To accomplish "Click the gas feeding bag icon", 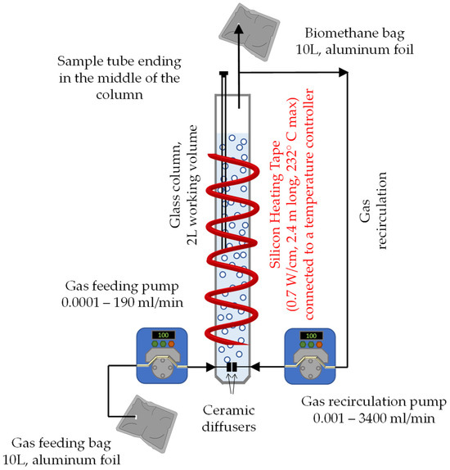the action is point(146,424).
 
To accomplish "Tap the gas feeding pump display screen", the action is point(164,335).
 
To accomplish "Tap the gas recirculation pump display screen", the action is point(311,336).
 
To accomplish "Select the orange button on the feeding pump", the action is point(171,344).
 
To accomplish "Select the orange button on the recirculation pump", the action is point(319,345).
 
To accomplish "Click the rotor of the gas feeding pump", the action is point(162,368).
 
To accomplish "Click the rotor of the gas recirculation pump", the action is point(310,369).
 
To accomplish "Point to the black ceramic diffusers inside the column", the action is point(232,367).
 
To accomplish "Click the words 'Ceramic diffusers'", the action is point(229,418).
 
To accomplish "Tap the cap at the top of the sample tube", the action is point(224,73).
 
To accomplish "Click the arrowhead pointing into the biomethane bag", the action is point(239,29).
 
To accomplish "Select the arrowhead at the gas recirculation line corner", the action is point(344,72).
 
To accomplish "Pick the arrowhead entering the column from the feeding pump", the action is point(210,367).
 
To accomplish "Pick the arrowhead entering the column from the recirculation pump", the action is point(255,367).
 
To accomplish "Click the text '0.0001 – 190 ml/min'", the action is point(122,302).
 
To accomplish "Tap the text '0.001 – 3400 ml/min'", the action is point(374,418).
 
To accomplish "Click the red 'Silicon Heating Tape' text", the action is point(274,205).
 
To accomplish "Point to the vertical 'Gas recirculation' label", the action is point(373,210).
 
